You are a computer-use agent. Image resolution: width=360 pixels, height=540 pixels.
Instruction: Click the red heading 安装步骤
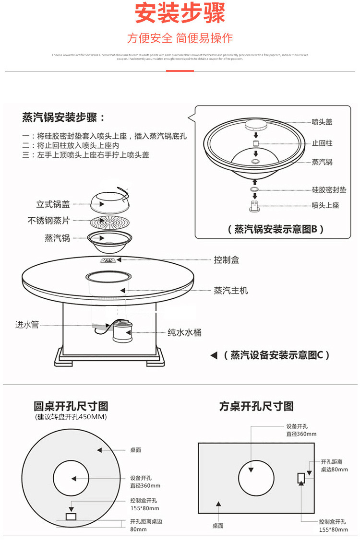click(180, 13)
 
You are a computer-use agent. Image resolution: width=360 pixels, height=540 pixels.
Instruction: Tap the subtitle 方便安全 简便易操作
click(180, 38)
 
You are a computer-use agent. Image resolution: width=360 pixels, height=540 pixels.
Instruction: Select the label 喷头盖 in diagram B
click(322, 122)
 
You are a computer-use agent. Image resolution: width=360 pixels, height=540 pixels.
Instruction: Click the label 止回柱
click(322, 143)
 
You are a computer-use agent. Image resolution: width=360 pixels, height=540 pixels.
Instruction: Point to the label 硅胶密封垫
click(329, 190)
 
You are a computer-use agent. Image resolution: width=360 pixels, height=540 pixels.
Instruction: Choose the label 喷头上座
click(325, 205)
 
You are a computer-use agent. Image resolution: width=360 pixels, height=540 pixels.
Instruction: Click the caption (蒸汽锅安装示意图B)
click(276, 229)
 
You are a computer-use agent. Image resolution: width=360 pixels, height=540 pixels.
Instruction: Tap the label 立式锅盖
click(53, 204)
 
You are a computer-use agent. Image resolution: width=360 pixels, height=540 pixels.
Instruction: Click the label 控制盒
click(226, 260)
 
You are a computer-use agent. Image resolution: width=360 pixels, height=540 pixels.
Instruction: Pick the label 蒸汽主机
click(230, 291)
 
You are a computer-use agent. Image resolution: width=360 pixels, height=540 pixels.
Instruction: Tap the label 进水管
click(27, 325)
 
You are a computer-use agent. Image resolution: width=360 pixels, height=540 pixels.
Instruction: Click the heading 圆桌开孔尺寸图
click(71, 406)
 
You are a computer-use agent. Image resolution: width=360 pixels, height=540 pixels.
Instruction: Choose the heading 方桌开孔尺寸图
click(256, 406)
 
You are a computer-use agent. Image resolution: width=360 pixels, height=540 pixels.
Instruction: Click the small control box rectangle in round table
click(71, 517)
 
